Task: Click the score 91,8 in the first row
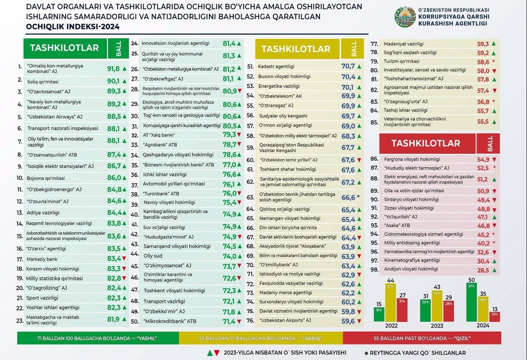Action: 113,69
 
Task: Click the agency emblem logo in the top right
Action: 404,17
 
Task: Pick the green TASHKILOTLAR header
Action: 65,48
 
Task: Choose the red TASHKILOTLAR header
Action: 426,143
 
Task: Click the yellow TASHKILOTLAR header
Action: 296,49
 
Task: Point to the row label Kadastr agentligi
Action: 277,67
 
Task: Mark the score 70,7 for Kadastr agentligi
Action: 348,67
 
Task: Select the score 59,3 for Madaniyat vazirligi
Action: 483,44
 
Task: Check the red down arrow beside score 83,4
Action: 124,258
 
